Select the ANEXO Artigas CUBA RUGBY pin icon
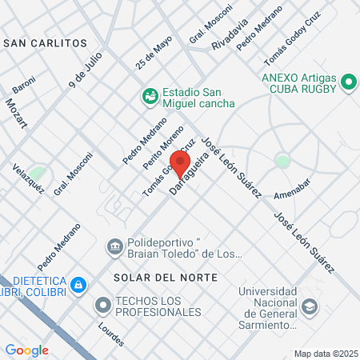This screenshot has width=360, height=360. (x=349, y=82)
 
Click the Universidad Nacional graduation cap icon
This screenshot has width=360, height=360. (x=309, y=306)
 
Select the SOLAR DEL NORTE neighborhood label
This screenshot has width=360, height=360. (x=166, y=277)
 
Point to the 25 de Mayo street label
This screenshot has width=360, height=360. (x=154, y=53)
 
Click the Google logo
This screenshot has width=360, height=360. (x=27, y=350)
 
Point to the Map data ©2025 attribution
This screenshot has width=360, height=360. (x=325, y=354)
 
